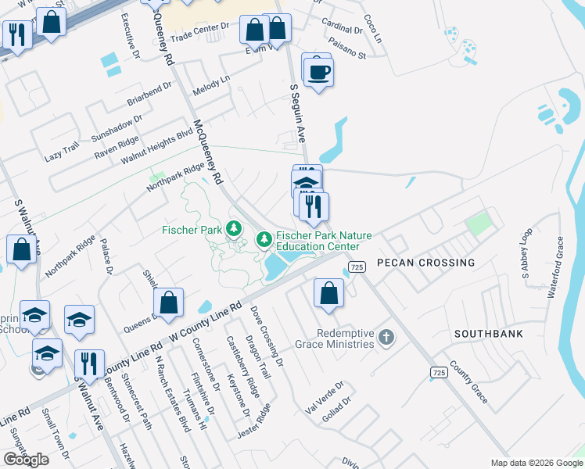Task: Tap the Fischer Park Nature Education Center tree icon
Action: click(264, 237)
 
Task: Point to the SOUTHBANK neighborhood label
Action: click(488, 333)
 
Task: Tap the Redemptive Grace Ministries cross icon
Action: click(385, 338)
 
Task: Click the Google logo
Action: click(26, 459)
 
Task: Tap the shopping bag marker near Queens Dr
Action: click(168, 301)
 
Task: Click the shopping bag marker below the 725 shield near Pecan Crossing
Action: click(329, 293)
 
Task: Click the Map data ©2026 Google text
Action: click(536, 463)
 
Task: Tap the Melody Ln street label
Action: click(212, 85)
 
